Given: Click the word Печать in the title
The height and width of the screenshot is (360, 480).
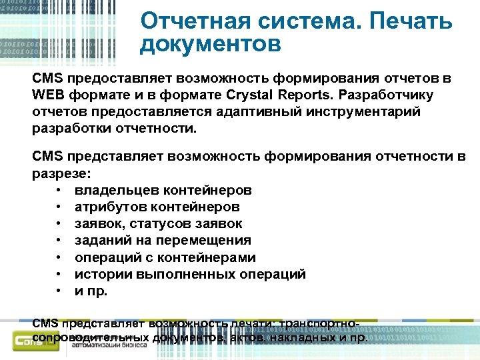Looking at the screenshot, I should pos(410,21).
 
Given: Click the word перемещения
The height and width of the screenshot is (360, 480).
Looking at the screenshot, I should pos(203,241).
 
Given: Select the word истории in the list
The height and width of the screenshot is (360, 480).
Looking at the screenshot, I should pos(99,274).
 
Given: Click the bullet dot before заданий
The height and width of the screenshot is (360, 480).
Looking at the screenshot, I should pos(60,241).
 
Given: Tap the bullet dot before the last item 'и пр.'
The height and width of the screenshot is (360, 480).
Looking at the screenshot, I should pos(60,291).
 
